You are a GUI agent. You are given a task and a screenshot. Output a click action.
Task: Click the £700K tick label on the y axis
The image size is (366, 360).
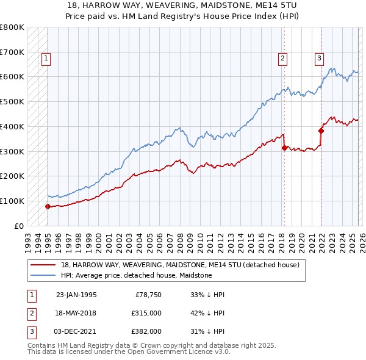pos(12,52)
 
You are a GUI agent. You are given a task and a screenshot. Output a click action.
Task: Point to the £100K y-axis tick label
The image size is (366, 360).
pos(12,201)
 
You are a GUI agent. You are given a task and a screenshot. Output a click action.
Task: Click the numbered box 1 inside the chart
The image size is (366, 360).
pos(47,59)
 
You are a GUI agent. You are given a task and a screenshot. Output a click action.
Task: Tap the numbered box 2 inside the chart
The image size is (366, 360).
pos(283,59)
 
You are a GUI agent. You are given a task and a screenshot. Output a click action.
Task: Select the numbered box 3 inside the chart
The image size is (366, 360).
pos(319,59)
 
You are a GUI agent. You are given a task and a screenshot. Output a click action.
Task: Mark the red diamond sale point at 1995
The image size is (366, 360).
pos(48,206)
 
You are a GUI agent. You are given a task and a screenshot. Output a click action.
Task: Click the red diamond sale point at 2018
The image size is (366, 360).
pos(284,147)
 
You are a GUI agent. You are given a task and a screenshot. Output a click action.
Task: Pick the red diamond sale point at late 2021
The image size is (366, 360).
pos(321,131)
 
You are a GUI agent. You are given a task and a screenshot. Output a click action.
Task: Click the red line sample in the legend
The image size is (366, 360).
pos(43,265)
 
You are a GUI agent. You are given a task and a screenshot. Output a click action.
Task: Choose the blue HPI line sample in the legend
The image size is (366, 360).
pos(43,275)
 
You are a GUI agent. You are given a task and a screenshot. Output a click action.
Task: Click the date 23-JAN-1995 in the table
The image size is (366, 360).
pos(76,295)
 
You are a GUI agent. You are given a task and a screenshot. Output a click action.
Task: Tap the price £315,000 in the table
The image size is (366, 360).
pos(145,313)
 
